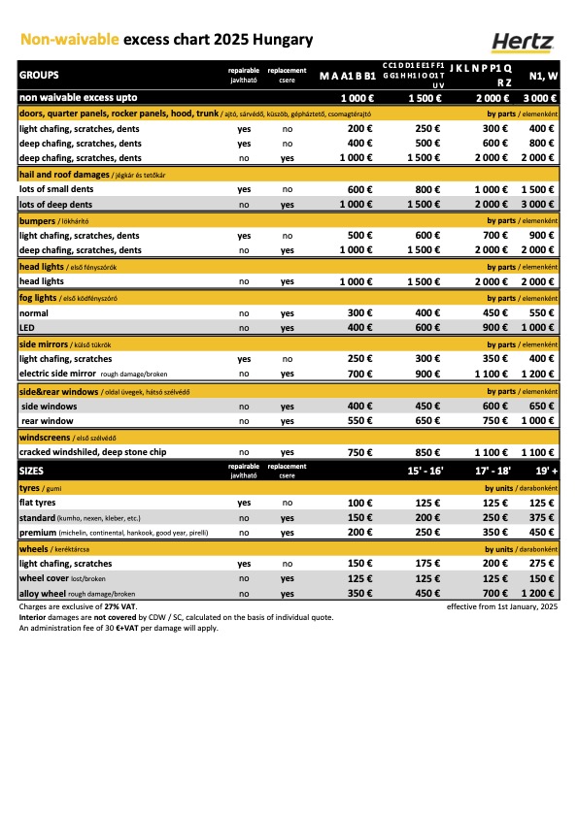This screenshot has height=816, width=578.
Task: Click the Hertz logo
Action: point(521,40)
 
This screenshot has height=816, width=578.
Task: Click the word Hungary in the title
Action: point(283,40)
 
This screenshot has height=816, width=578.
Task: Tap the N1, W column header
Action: point(541,75)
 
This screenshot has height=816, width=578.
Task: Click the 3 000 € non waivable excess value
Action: point(540,98)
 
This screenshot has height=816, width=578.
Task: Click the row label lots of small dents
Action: point(58,189)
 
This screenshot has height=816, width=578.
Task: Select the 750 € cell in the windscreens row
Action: point(358,452)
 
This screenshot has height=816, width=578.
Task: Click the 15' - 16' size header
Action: point(425,472)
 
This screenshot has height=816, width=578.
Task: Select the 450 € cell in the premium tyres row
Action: point(541,533)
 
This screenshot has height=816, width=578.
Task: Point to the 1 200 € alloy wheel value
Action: point(538,593)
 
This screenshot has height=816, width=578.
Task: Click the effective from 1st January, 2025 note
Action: point(501,606)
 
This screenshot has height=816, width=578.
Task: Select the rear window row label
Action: point(48,420)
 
